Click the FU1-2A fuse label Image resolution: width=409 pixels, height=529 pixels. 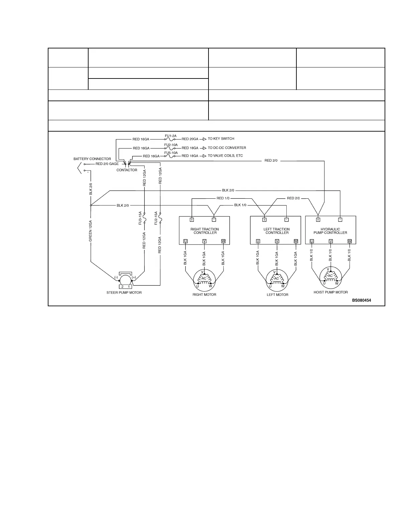(x=170, y=136)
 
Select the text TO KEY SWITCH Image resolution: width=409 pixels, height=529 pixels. (x=221, y=139)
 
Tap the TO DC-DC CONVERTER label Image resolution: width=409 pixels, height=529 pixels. (x=227, y=148)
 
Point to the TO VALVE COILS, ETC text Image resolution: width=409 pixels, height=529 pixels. (x=225, y=156)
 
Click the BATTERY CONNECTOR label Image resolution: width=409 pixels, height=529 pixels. (x=92, y=159)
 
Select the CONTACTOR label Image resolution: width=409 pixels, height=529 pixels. (x=127, y=170)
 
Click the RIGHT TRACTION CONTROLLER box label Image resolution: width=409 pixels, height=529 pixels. (x=205, y=231)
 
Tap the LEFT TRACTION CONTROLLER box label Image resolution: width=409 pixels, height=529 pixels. (x=276, y=231)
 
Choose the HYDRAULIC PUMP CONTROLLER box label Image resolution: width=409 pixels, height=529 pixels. (x=330, y=231)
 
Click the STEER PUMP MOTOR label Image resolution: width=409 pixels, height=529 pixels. (x=124, y=293)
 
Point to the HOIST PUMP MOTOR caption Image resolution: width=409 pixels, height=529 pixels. (x=330, y=292)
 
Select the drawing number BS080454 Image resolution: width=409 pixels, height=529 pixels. (x=361, y=300)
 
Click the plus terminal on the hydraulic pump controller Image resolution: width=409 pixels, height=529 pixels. (x=318, y=220)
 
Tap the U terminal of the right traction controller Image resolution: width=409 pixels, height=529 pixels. (x=185, y=241)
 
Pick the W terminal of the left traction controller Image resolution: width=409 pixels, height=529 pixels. (x=296, y=241)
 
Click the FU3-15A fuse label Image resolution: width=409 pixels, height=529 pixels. (x=140, y=218)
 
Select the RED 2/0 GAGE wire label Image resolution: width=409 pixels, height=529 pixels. (x=107, y=164)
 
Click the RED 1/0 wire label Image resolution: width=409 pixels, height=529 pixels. (x=223, y=198)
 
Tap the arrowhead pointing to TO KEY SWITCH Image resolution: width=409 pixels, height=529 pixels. (x=204, y=139)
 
